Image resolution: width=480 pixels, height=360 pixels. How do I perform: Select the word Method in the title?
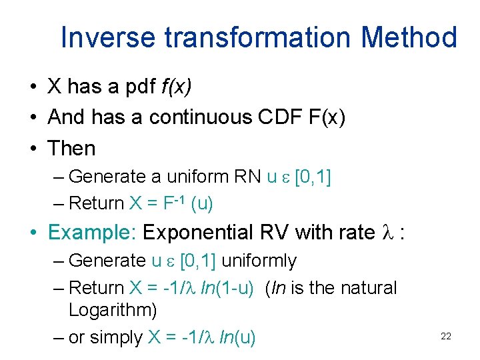point(413,37)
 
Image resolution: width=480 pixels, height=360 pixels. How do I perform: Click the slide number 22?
point(446,337)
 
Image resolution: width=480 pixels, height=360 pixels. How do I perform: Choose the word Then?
point(72,148)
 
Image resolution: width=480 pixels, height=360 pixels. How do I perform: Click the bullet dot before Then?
point(32,149)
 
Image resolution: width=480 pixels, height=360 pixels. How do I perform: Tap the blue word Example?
point(93,233)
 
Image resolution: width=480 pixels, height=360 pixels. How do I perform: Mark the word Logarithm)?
point(113,311)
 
